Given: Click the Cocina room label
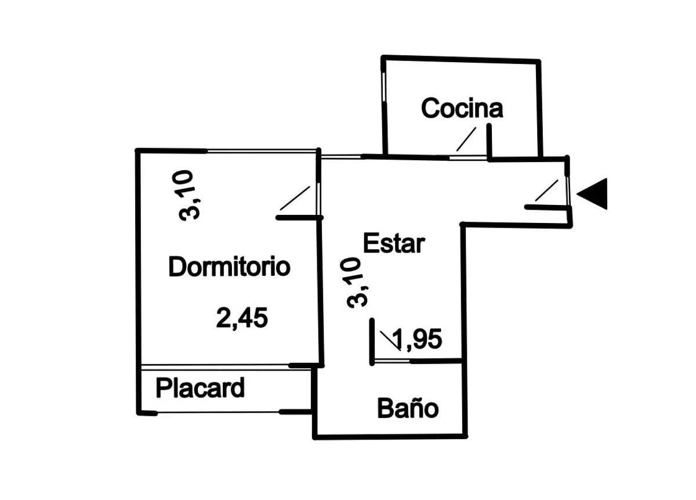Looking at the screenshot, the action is point(462,108).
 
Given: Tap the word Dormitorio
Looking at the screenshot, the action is point(229,266).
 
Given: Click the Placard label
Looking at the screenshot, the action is point(200,387).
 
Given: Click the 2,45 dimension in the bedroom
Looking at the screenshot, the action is point(242,318).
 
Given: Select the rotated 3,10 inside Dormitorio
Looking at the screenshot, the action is point(189,195).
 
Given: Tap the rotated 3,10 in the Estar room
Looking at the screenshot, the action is point(356,282).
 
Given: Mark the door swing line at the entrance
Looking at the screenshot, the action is point(546,190).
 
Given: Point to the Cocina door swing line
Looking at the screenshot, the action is point(466,139).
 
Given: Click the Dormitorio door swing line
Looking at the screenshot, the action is point(295,198).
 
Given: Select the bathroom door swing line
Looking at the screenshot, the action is point(390,341).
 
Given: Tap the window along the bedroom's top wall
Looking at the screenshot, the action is point(262,152).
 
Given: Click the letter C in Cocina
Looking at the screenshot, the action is point(430,108).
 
